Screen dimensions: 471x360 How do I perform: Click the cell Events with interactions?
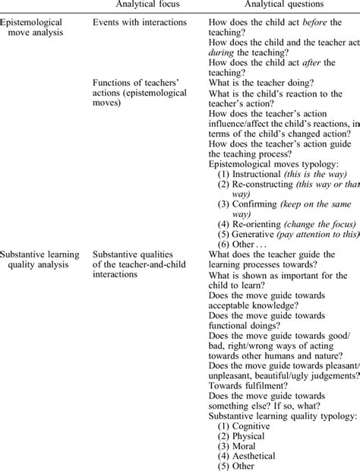pyautogui.click(x=139, y=23)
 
